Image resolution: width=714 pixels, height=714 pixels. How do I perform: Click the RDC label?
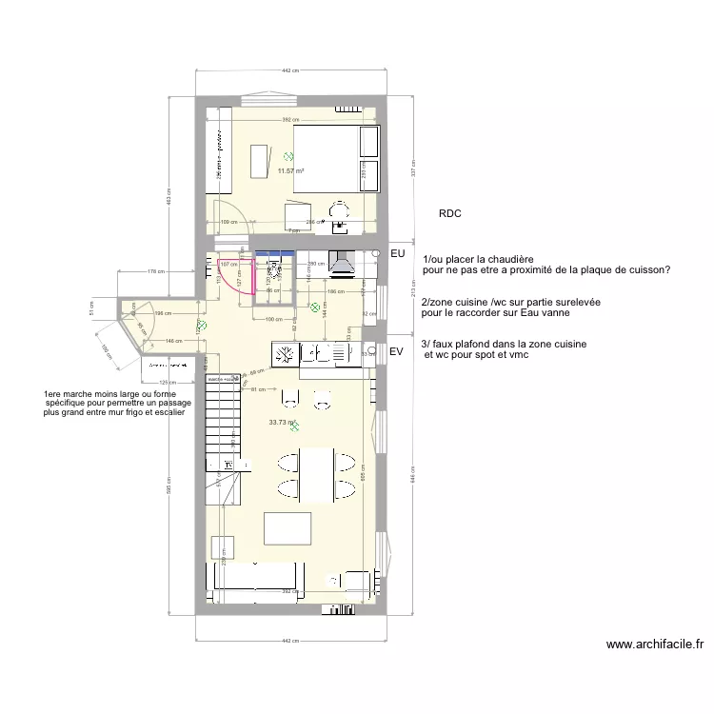tap(450, 214)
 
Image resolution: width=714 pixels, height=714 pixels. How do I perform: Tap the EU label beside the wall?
tap(398, 254)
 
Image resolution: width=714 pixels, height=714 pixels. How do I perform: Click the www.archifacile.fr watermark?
tap(657, 645)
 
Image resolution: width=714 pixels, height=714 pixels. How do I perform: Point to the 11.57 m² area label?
tap(290, 171)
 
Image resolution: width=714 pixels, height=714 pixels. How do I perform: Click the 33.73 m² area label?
tap(282, 423)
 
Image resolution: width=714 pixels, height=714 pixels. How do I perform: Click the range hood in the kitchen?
tap(340, 264)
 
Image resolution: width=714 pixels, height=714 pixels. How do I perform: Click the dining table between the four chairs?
tap(316, 476)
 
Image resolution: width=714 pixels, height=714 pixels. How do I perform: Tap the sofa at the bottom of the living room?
tap(255, 577)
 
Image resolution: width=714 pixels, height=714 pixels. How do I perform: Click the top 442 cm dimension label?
tap(291, 70)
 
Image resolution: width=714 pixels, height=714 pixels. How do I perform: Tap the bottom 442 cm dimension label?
tap(291, 640)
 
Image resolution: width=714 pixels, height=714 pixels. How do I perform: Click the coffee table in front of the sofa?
tap(288, 528)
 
